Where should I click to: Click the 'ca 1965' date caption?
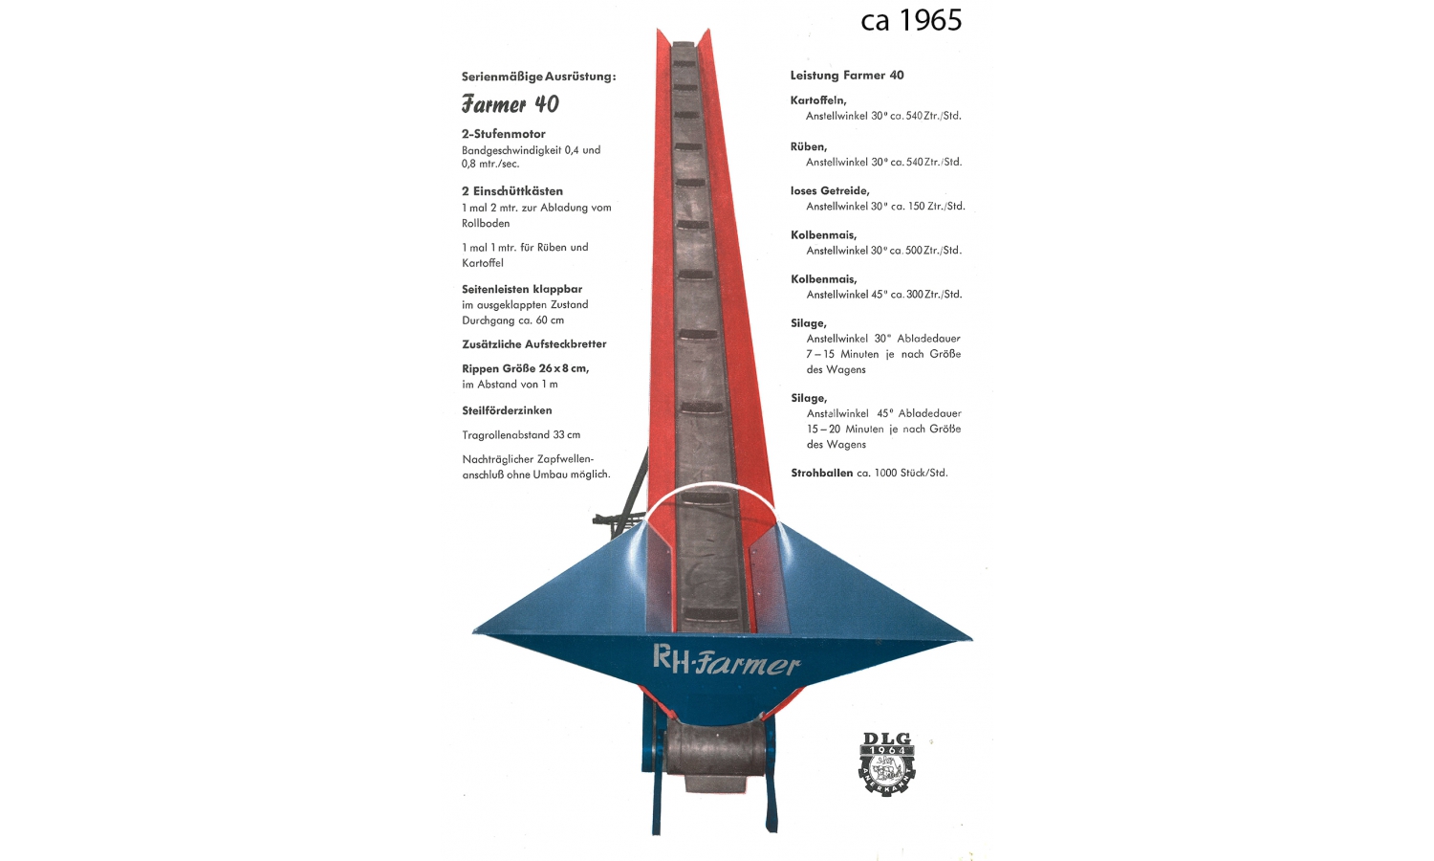tap(911, 20)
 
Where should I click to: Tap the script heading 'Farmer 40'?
tap(511, 103)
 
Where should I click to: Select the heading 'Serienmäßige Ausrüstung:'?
tap(538, 77)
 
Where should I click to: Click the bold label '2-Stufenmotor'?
tap(503, 134)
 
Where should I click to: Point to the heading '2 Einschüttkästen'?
tap(512, 191)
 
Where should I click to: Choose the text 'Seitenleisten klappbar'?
tap(522, 289)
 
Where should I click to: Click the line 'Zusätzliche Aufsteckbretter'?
tap(533, 344)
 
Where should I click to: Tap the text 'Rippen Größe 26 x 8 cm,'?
tap(525, 368)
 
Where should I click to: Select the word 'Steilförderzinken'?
tap(507, 410)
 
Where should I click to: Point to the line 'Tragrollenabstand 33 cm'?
tap(521, 435)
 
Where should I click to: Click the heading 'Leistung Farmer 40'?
tap(847, 75)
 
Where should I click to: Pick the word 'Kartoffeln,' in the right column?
tap(818, 99)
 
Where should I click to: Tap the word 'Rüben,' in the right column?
tap(809, 146)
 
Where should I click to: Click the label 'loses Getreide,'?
tap(830, 191)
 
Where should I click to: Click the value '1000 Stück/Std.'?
tap(911, 473)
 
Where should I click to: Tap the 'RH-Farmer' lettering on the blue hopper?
tap(727, 660)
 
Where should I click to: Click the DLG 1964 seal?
tap(886, 763)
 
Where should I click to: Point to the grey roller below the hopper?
tap(715, 748)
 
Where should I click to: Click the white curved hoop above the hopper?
tap(709, 487)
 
